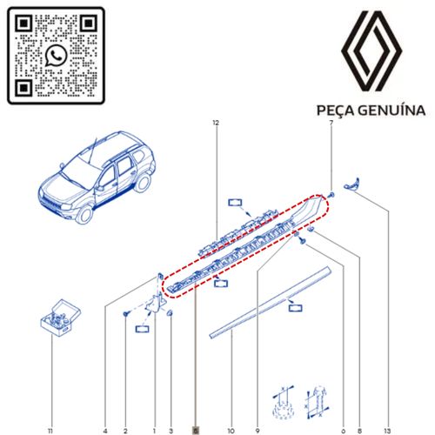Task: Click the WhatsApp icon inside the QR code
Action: coord(57,56)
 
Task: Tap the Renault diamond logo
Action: coord(371,50)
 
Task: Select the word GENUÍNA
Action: coord(391,110)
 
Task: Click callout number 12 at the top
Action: coord(216,123)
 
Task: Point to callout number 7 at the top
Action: coord(331,123)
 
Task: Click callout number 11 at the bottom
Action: coord(50,431)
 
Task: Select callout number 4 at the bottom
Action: coord(105,431)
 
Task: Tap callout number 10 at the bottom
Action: coord(231,431)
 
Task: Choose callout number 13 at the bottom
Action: coord(387,431)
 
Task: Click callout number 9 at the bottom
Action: coord(258,431)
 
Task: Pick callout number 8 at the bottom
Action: coord(359,431)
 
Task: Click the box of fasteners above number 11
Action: coord(60,318)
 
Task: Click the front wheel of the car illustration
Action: coord(84,215)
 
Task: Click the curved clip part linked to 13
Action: coord(351,184)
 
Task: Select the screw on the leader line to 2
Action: coord(126,313)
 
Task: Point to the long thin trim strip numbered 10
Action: coord(270,303)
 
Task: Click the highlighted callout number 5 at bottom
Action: coord(196,431)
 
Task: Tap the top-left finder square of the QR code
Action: coord(23,23)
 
